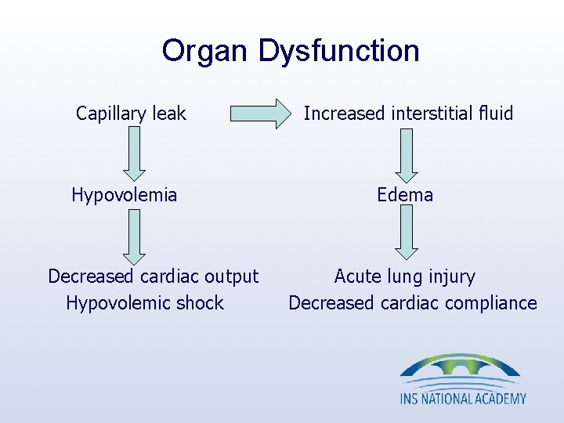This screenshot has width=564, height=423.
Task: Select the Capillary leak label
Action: [131, 114]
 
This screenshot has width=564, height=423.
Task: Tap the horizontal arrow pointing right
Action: [259, 114]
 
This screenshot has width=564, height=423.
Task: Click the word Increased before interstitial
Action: [339, 114]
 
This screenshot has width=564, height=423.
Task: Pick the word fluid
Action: [493, 114]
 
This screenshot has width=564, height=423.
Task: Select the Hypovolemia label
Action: [125, 195]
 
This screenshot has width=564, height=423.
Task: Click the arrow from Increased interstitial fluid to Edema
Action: [406, 154]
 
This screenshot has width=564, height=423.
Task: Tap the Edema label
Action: [405, 195]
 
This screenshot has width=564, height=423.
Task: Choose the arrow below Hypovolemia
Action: [133, 236]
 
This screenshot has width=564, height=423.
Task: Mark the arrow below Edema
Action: [406, 236]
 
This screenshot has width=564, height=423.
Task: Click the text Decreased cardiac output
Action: [153, 277]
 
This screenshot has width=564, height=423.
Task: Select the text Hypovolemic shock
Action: [145, 303]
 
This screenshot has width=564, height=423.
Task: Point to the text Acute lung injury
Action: [405, 277]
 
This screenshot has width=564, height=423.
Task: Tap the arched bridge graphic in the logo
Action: [460, 367]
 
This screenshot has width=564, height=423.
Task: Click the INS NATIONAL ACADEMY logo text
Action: [463, 398]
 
